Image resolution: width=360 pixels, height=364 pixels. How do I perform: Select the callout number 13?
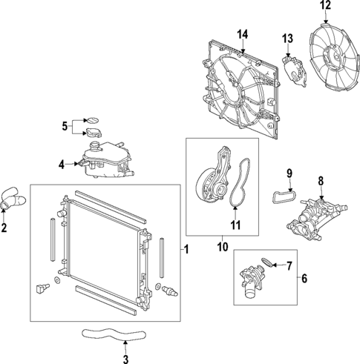tap(287, 39)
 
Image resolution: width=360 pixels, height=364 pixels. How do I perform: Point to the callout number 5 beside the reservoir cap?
tap(65, 125)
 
